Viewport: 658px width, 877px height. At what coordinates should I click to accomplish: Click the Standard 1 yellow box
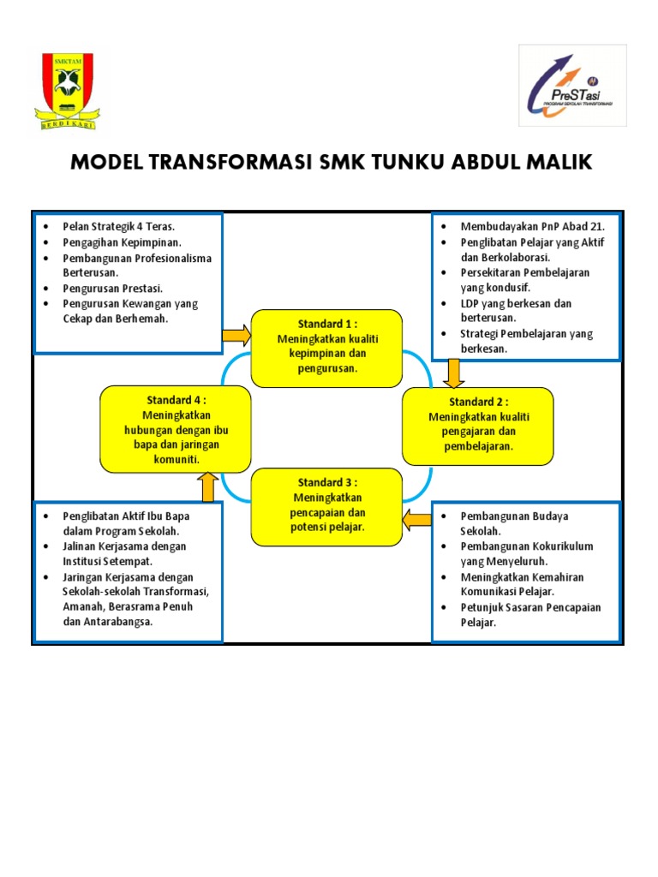326,348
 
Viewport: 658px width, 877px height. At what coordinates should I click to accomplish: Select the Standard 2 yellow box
478,425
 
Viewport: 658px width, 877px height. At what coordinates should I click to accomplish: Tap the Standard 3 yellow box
326,505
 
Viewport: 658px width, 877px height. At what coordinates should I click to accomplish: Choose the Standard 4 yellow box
175,425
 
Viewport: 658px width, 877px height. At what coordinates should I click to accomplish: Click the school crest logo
66,91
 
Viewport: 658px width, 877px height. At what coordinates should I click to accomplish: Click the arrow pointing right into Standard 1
236,336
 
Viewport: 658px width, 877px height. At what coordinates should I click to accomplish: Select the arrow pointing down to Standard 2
454,372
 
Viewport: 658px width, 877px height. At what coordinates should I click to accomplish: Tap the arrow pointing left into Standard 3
417,517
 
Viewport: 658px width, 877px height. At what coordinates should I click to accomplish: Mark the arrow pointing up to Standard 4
207,486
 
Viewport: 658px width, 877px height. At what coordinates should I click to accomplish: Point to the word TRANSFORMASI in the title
230,163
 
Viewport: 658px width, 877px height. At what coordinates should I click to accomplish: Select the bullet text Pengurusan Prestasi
112,288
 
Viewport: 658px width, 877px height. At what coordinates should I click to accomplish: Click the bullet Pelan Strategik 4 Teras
118,227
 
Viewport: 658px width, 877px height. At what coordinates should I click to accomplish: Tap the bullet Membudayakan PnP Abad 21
532,227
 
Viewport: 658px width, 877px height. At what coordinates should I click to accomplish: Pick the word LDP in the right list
470,303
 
